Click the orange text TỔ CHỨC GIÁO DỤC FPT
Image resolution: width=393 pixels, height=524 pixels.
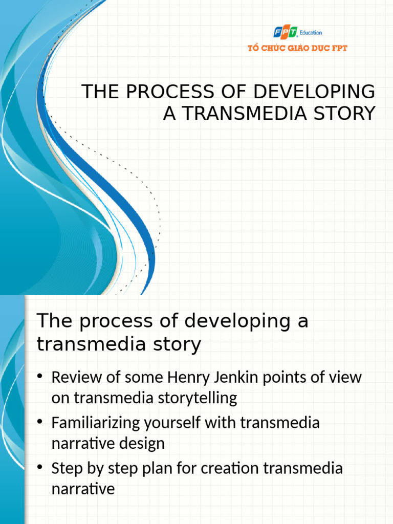click(297, 49)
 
